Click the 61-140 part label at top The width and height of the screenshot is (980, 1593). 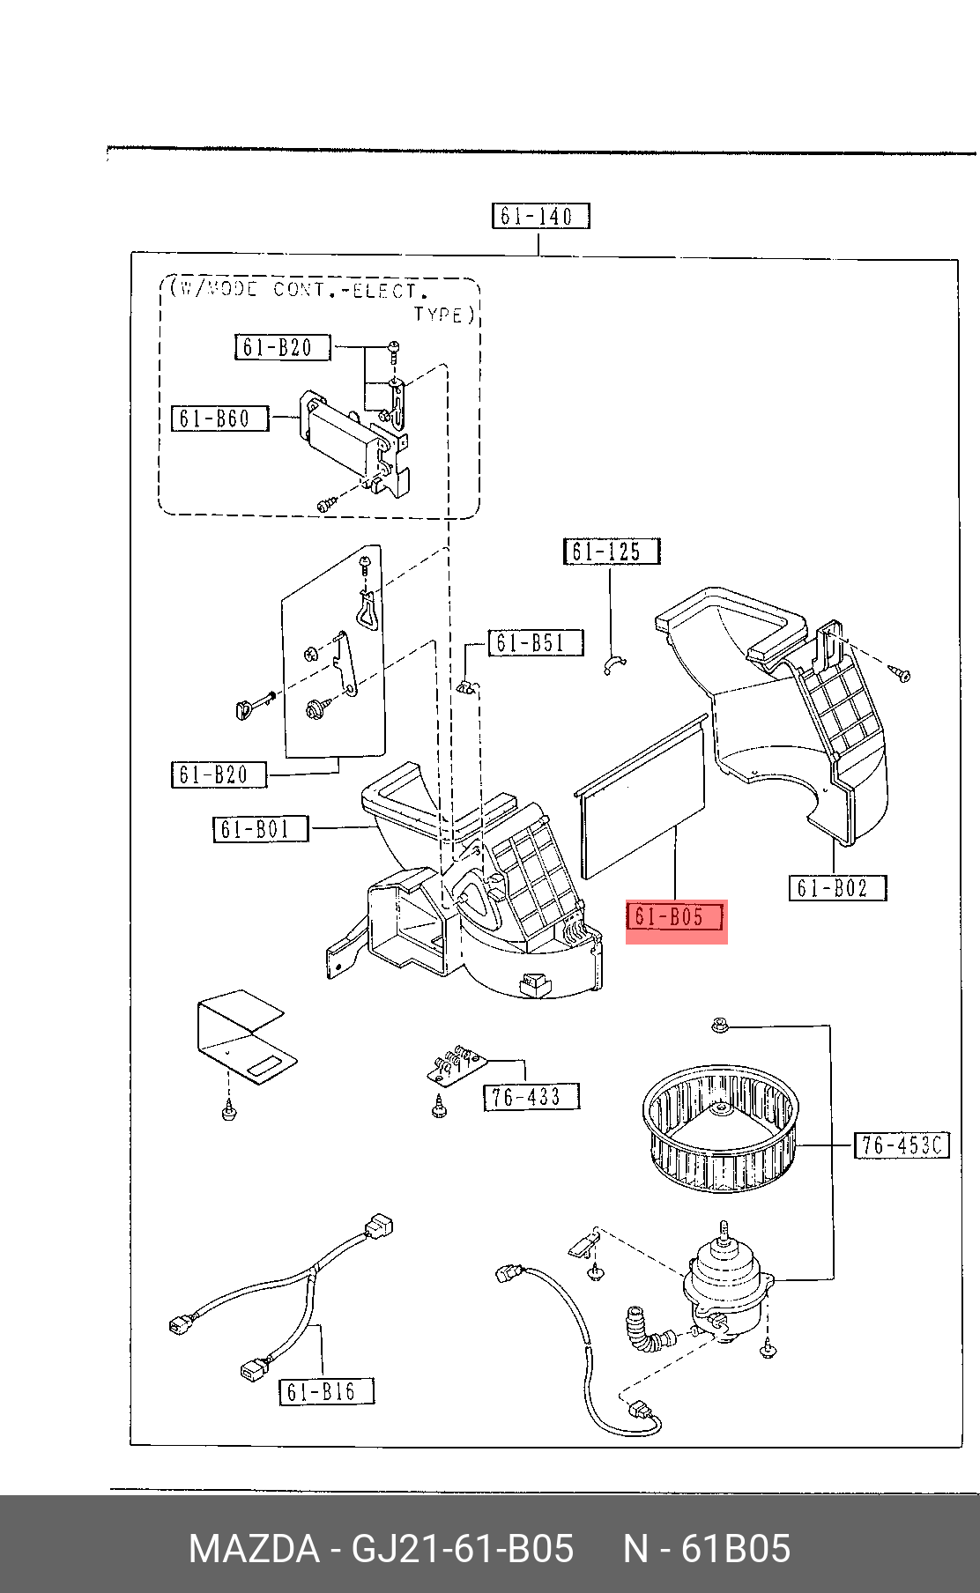pyautogui.click(x=540, y=216)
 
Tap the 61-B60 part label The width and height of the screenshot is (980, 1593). pyautogui.click(x=219, y=418)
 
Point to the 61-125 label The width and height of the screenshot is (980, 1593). pyautogui.click(x=612, y=552)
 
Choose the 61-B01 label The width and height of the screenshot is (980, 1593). pyautogui.click(x=261, y=829)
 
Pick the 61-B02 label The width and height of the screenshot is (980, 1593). pyautogui.click(x=837, y=887)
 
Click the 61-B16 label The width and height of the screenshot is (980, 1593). pyautogui.click(x=327, y=1391)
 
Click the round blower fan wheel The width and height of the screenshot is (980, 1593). pyautogui.click(x=721, y=1131)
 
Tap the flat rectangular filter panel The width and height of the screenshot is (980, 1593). pyautogui.click(x=642, y=797)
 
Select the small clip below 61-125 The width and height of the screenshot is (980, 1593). pyautogui.click(x=614, y=664)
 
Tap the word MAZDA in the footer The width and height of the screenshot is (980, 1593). pyautogui.click(x=254, y=1548)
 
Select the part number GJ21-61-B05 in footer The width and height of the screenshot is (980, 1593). pyautogui.click(x=463, y=1548)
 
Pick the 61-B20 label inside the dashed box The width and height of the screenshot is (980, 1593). pyautogui.click(x=282, y=347)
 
